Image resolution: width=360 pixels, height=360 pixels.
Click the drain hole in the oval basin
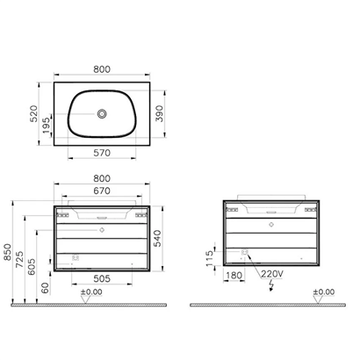104,113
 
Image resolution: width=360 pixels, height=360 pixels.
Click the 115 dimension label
207,255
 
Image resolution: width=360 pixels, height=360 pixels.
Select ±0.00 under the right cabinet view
324,292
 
